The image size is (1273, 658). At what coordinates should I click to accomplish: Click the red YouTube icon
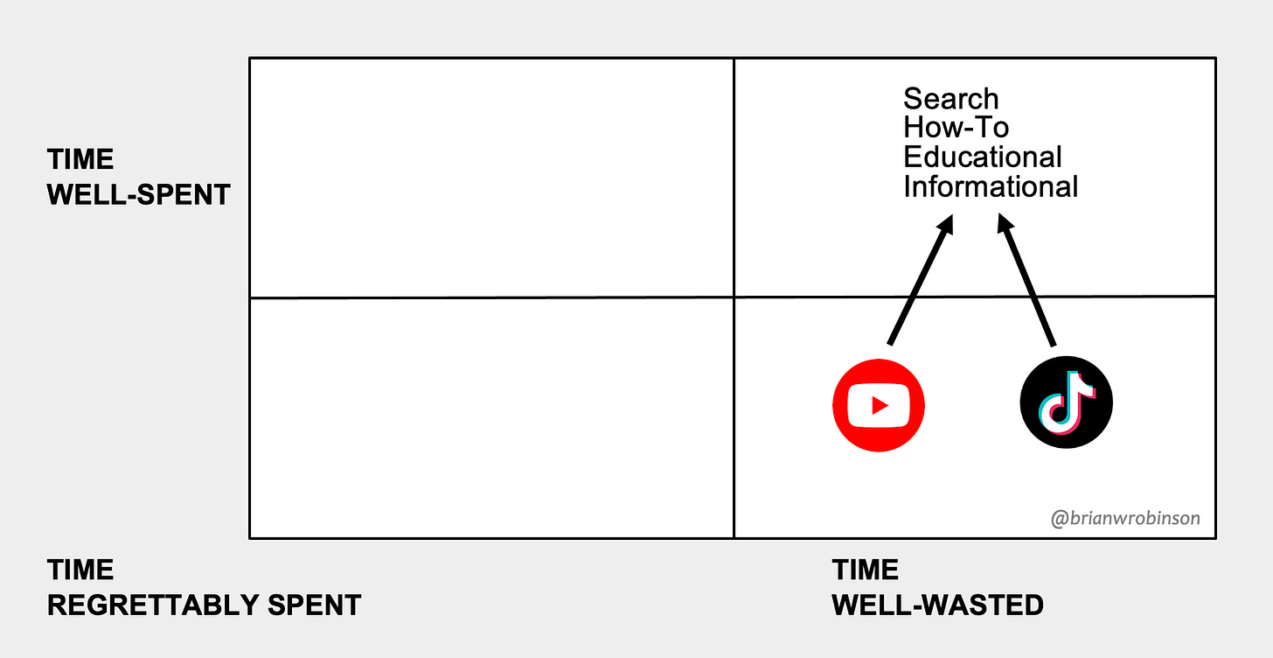879,405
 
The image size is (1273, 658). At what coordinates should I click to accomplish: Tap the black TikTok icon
1066,404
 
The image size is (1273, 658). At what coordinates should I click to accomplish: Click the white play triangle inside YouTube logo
880,405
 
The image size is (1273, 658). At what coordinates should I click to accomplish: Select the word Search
950,98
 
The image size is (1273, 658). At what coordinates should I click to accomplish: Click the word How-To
956,128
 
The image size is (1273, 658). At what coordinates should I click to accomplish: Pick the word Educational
982,157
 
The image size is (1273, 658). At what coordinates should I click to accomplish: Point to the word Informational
990,187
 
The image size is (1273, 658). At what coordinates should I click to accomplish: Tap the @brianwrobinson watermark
1125,518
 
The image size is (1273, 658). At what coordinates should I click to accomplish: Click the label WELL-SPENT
139,194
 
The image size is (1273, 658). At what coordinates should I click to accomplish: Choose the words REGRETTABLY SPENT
204,605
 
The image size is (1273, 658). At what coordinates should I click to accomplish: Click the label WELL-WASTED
937,605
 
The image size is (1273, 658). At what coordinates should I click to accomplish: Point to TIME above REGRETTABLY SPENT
80,570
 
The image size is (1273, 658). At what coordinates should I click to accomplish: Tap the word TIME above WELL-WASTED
866,570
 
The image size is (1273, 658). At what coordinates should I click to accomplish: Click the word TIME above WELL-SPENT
80,160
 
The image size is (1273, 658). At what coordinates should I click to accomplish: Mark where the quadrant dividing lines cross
734,297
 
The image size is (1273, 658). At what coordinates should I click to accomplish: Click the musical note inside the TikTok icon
1067,403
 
